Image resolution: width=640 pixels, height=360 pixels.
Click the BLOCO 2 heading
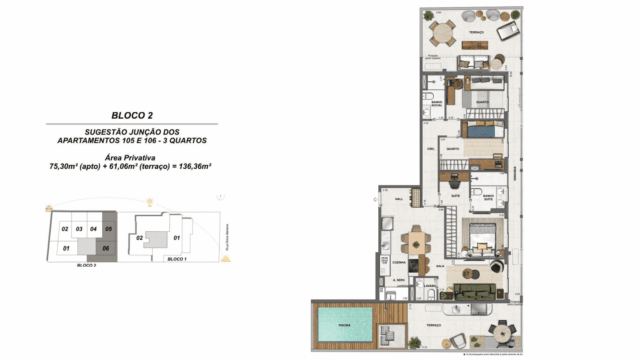point(132,115)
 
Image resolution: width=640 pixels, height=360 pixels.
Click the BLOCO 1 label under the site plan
point(176,259)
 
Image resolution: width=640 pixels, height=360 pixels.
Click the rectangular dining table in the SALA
point(415,241)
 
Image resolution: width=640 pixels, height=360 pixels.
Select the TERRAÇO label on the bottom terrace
point(433,326)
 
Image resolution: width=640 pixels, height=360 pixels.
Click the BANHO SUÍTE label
point(490,198)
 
